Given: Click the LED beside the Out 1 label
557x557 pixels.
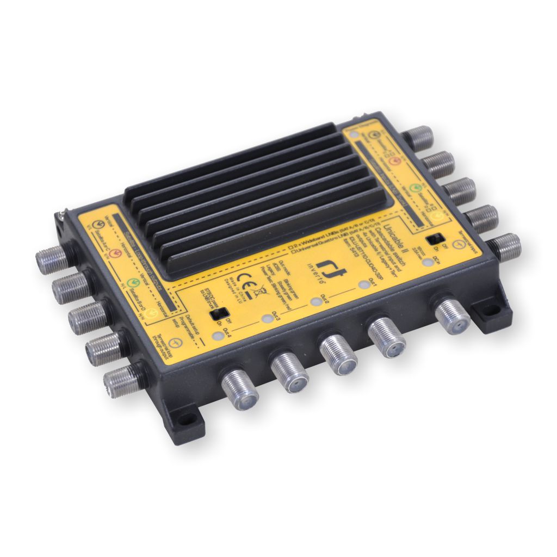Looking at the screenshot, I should (363, 284).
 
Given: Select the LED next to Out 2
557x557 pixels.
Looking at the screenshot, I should (314, 301).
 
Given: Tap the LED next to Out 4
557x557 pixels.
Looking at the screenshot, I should (218, 336).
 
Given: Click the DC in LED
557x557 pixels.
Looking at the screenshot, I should (430, 262).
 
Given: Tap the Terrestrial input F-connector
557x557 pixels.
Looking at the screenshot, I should (506, 247).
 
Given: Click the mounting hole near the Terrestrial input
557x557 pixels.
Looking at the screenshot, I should (493, 312).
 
